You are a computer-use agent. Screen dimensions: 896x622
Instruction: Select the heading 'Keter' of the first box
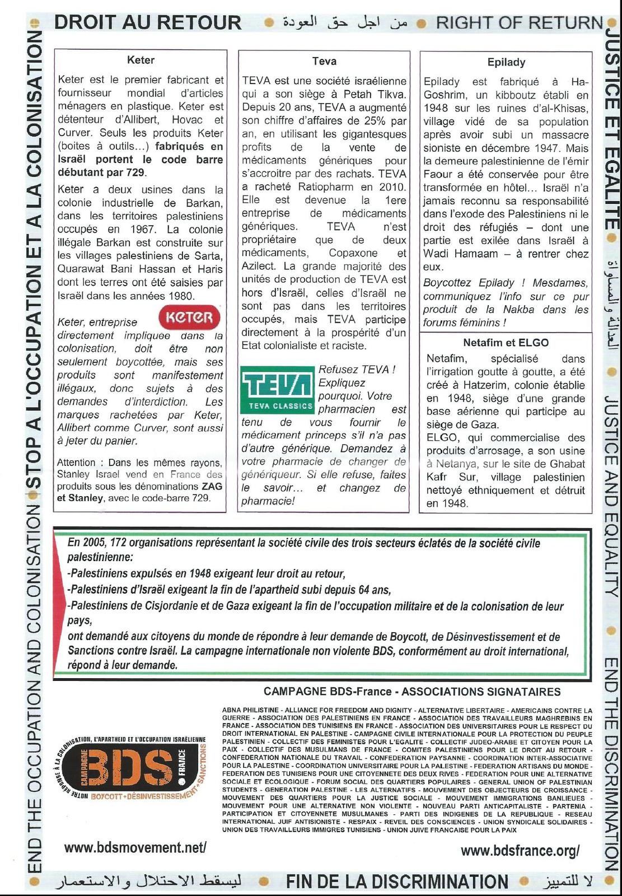[x=141, y=60]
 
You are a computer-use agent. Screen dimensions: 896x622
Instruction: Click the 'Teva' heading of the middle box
[x=324, y=61]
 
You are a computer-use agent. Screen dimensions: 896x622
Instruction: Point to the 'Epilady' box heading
[x=506, y=62]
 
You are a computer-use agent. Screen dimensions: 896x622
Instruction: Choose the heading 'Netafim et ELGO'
[x=506, y=343]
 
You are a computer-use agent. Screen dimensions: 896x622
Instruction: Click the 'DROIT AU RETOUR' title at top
[x=148, y=22]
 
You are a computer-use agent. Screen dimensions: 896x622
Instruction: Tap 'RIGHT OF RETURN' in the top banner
[x=519, y=23]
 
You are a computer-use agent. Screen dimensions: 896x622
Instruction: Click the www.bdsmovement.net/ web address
[x=135, y=848]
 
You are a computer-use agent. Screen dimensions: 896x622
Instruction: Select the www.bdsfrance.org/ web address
[x=520, y=851]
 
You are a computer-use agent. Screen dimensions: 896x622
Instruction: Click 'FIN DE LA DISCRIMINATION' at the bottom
[x=397, y=882]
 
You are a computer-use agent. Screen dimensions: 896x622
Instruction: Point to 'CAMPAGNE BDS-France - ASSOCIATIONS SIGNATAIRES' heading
[x=412, y=692]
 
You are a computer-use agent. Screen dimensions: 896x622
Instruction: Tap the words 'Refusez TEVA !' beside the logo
[x=357, y=370]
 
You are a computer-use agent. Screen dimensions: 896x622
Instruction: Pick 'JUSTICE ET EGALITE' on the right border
[x=612, y=128]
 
